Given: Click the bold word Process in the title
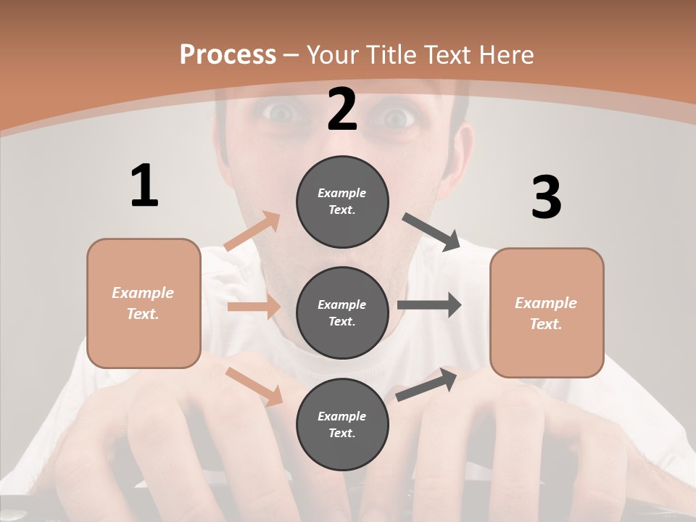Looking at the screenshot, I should (x=228, y=54).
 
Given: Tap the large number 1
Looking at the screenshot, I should (x=144, y=186).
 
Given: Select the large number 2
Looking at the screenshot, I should (x=342, y=109).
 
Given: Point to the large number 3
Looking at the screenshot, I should (x=546, y=197).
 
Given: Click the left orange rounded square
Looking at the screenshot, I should (x=144, y=303).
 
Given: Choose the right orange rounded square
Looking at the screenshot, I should (x=547, y=312).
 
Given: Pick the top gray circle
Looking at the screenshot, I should (x=342, y=202).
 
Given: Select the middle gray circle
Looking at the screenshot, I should (x=342, y=312).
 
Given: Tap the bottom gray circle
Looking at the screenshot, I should (x=342, y=424).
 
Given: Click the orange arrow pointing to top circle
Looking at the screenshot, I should (x=252, y=231).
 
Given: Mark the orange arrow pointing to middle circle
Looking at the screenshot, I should (x=254, y=307).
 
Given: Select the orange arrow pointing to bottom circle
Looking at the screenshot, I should (x=254, y=386).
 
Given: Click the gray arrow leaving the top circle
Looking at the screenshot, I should (x=432, y=231).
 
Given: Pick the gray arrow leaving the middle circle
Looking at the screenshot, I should (x=429, y=304).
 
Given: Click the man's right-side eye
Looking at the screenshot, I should (x=396, y=117).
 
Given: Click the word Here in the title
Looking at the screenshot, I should (x=507, y=54).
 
